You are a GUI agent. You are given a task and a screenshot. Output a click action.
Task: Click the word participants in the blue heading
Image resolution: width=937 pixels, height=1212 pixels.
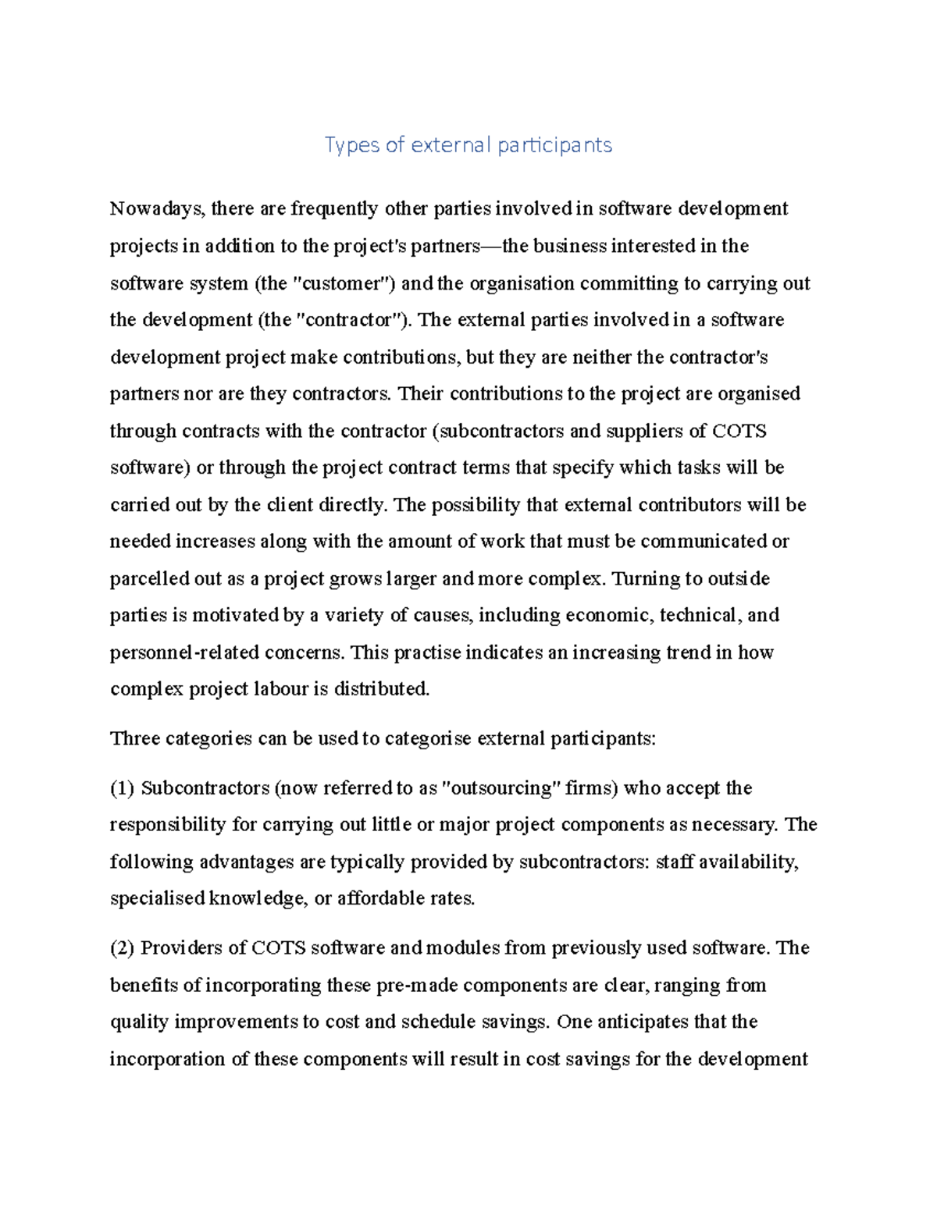[x=555, y=145]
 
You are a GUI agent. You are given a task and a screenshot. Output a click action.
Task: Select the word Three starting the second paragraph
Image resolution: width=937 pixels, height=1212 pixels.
[x=134, y=738]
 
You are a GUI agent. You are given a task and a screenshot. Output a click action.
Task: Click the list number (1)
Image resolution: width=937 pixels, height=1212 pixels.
[x=123, y=788]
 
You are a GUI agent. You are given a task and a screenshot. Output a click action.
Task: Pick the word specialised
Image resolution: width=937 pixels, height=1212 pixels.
[x=157, y=899]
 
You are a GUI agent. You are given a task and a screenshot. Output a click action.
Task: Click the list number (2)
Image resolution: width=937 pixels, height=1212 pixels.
[x=123, y=948]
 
